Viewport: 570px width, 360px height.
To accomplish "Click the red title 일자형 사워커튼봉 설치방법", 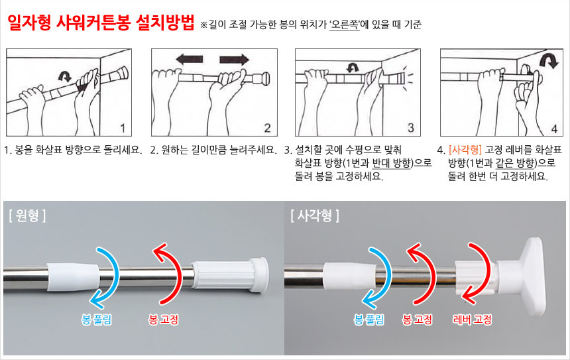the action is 101,23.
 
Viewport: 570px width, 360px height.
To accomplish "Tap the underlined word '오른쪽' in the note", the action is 345,25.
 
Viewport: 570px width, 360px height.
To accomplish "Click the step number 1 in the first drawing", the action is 123,128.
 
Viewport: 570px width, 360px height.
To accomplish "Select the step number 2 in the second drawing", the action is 268,128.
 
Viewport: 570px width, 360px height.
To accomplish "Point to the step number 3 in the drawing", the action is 411,128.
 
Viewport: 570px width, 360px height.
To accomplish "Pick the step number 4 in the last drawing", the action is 554,129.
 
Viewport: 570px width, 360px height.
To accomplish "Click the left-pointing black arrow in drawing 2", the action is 190,59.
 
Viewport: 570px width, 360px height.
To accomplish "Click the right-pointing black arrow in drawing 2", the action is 235,59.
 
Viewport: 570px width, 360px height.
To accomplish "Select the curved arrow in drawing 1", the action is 65,76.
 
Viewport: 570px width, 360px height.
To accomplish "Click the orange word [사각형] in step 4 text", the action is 465,149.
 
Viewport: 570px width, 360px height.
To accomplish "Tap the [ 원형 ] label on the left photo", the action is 28,215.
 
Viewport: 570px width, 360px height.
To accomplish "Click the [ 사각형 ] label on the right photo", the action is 315,215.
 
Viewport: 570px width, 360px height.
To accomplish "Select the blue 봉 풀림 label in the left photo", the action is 96,320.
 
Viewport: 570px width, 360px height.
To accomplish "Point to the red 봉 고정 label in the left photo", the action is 164,320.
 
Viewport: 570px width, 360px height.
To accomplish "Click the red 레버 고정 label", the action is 472,320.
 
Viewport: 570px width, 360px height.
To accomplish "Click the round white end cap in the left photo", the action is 260,274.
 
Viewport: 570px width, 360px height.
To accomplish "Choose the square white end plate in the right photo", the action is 532,276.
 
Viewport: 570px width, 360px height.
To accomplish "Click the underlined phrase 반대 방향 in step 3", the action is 392,163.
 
